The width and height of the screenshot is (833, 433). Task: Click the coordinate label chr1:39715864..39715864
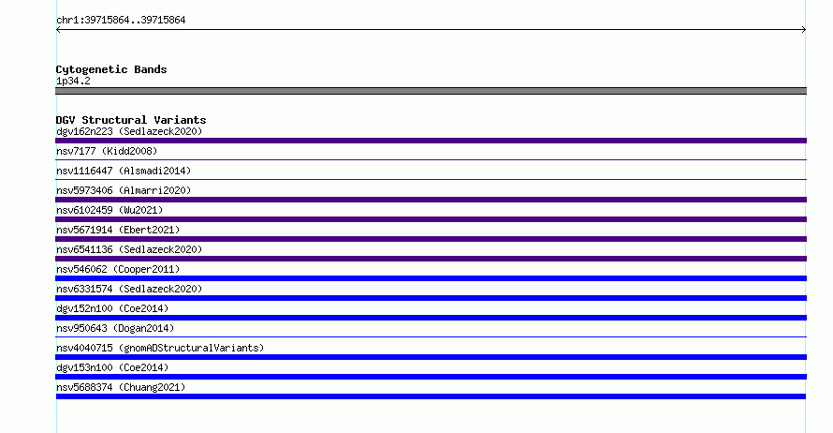121,21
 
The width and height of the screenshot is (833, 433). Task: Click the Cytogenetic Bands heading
111,69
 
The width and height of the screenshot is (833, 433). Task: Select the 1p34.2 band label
73,81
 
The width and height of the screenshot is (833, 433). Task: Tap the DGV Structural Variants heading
131,120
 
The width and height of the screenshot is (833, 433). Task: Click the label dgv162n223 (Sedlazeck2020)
129,131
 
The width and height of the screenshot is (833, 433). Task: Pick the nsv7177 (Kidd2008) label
107,151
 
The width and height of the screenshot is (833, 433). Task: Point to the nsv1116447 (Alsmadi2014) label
124,171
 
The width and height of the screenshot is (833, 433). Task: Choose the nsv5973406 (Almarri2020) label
124,190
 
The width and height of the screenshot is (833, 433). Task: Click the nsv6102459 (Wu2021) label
110,210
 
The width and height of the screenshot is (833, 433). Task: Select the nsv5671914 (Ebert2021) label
118,230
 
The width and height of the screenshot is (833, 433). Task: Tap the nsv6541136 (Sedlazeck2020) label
129,249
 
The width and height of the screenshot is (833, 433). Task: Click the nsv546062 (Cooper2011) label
118,269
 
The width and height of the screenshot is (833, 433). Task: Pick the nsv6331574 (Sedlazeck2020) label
129,289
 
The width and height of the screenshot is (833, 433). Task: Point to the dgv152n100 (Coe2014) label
112,308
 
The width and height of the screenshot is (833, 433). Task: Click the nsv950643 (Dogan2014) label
115,328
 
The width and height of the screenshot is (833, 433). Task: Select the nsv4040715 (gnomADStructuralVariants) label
160,348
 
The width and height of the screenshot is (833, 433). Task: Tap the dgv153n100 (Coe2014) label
112,367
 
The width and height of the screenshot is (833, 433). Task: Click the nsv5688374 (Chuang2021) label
121,387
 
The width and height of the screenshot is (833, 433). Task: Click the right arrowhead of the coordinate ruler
805,30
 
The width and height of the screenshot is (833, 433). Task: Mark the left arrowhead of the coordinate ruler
57,30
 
